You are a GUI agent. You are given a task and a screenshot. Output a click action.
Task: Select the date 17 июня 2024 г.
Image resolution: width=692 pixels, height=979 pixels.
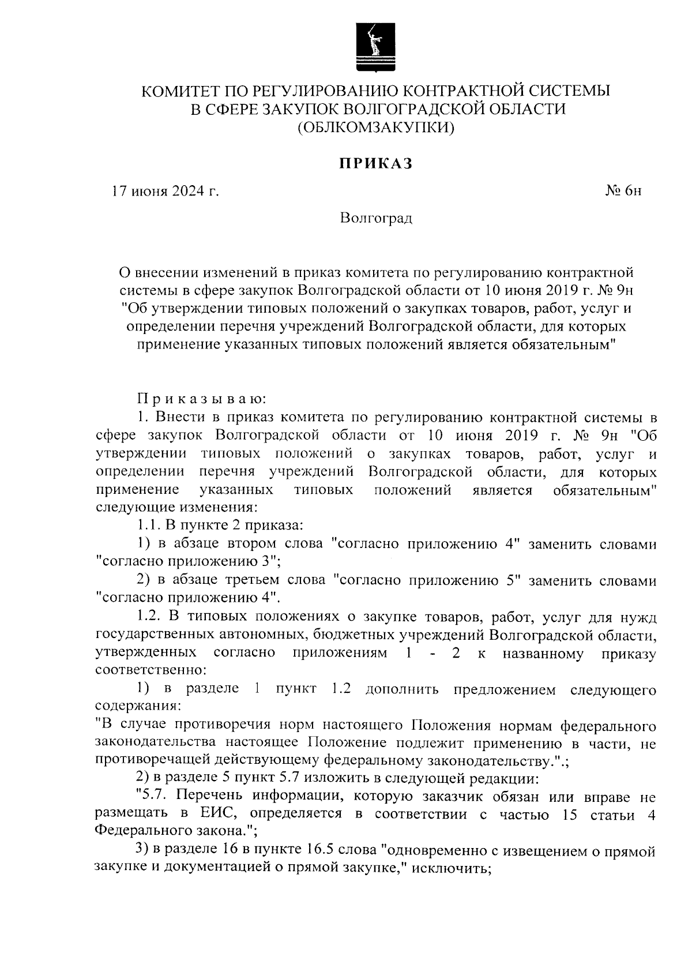(166, 191)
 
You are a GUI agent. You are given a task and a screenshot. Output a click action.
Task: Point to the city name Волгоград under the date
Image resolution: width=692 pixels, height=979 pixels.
(376, 218)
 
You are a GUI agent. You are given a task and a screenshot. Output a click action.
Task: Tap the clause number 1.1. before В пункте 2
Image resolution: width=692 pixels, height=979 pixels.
(149, 526)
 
